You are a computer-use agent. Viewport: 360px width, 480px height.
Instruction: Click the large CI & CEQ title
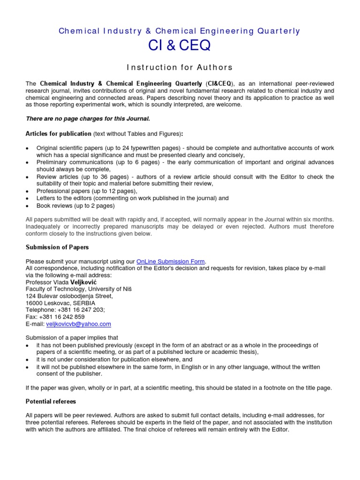(x=180, y=46)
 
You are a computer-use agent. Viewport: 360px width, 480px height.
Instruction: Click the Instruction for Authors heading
(x=180, y=67)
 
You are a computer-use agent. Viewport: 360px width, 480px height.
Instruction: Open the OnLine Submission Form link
(x=171, y=261)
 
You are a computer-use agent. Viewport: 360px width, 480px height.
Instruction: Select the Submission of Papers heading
(x=57, y=247)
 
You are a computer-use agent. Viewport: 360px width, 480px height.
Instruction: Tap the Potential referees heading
(x=51, y=402)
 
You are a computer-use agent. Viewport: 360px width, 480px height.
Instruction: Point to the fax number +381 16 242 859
(x=65, y=317)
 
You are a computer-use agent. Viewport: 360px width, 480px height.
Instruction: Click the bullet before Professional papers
(x=28, y=191)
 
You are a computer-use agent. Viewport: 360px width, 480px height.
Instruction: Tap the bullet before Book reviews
(x=28, y=206)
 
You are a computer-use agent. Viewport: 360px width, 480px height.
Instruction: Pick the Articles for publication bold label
(x=59, y=134)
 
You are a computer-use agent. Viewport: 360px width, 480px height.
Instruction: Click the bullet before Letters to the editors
(x=28, y=198)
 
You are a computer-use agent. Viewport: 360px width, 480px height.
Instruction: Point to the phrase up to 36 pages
(x=99, y=177)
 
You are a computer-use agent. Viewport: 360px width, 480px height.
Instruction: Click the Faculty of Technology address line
(x=78, y=289)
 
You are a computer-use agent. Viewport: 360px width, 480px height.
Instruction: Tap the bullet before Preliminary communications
(x=28, y=162)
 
